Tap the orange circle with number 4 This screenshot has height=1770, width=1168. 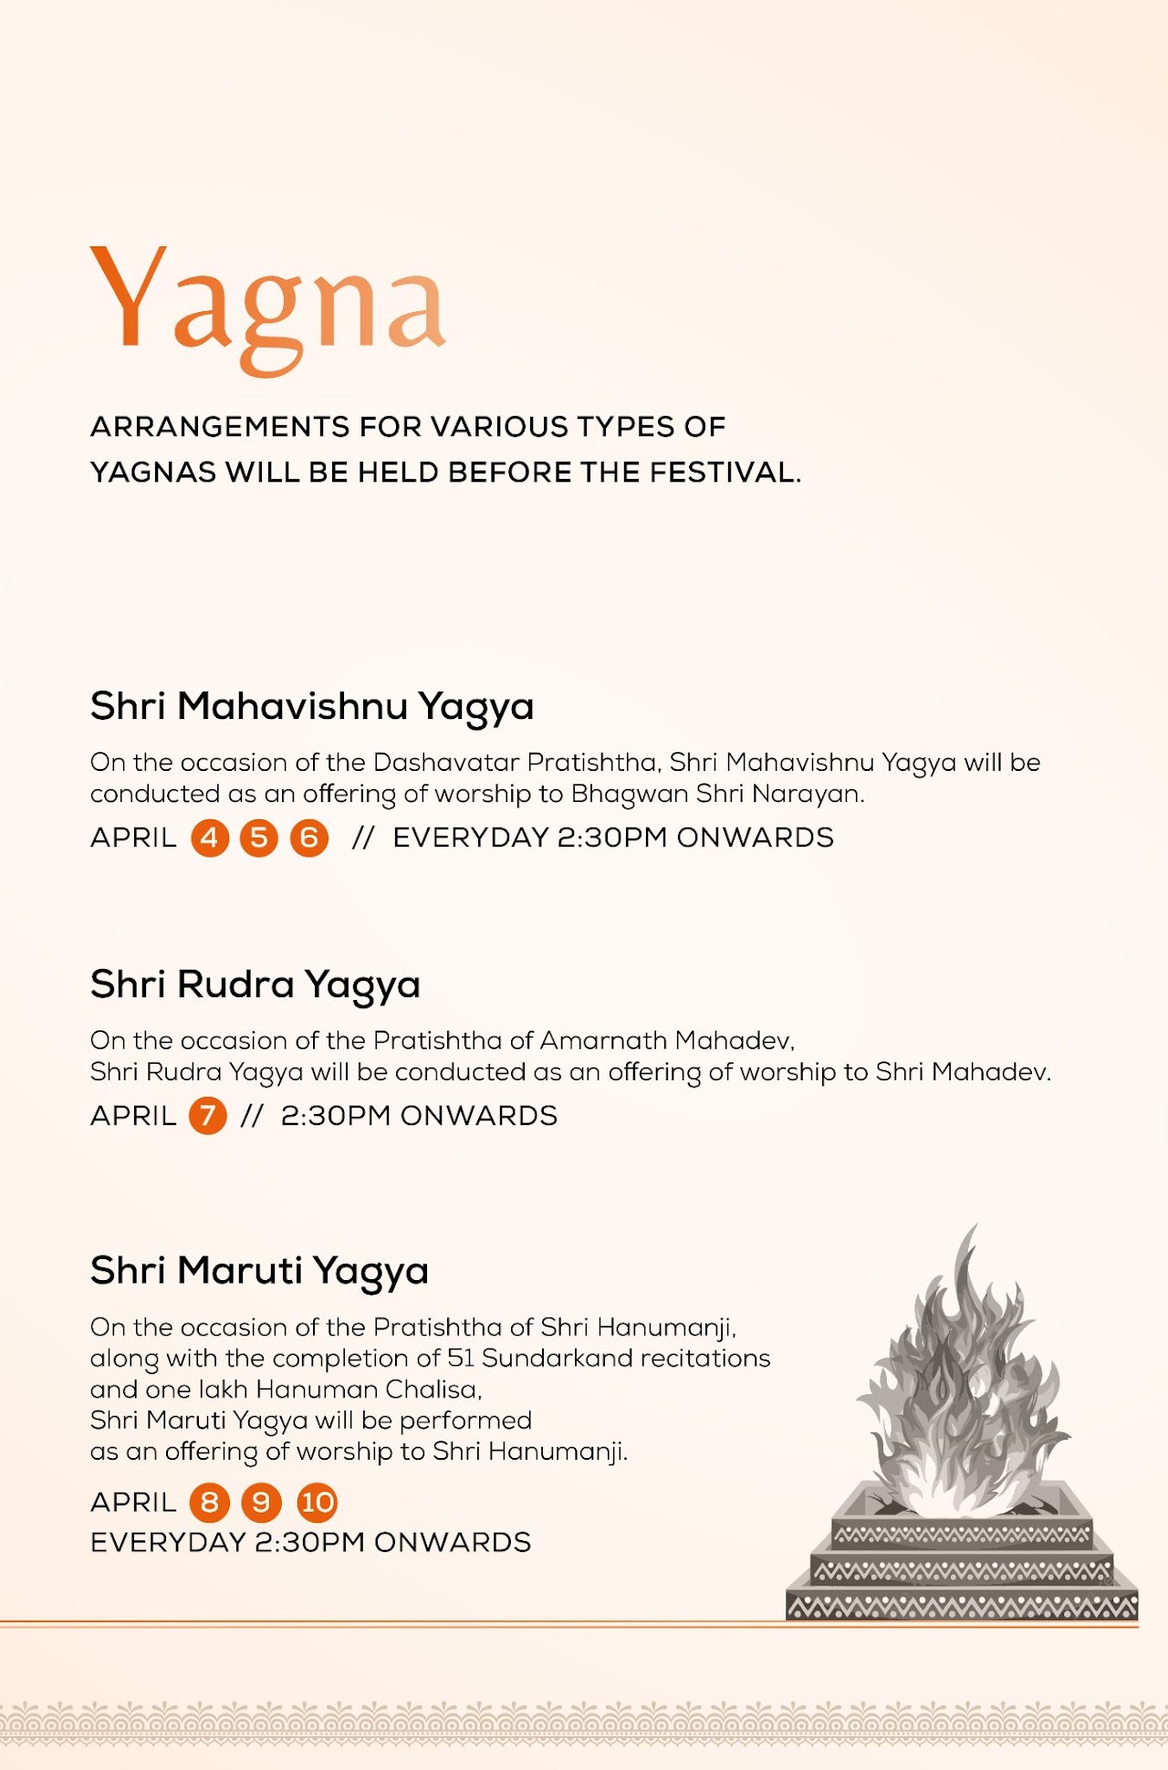pos(209,838)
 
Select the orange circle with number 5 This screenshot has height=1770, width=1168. pos(259,838)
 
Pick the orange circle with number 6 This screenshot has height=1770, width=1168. pos(309,838)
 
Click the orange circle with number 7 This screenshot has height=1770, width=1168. pos(208,1116)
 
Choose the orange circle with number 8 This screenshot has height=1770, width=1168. pos(209,1503)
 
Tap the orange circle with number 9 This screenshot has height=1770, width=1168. pos(261,1503)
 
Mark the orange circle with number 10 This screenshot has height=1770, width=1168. pos(318,1503)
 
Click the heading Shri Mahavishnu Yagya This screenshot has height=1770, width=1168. pos(311,707)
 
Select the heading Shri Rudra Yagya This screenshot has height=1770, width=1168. pos(255,985)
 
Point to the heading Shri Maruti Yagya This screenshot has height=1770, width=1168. pos(259,1271)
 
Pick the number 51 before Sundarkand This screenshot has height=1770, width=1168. pos(461,1359)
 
